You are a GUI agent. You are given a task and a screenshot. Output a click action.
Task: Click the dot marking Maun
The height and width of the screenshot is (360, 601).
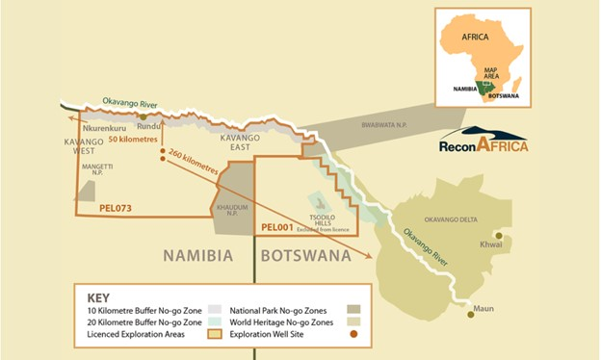[x=470, y=311]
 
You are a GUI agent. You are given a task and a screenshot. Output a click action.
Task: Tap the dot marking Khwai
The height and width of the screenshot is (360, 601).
[x=498, y=236]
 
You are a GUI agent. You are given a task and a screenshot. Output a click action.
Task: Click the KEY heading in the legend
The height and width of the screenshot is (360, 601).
[x=101, y=297]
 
